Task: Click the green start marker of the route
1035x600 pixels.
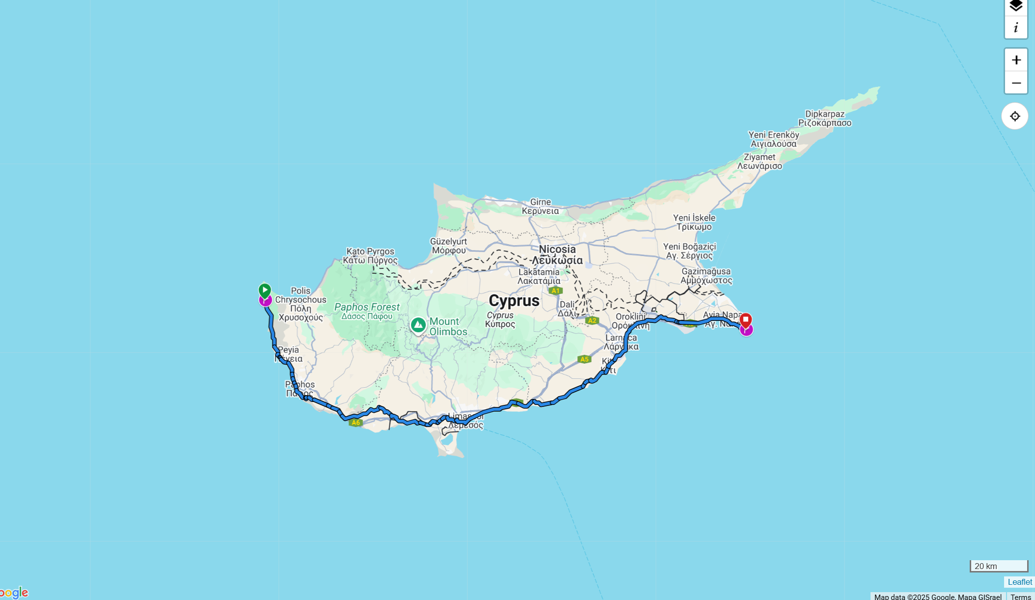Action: pyautogui.click(x=265, y=290)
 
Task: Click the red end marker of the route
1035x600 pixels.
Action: pyautogui.click(x=745, y=320)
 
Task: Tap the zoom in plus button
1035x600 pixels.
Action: pyautogui.click(x=1016, y=60)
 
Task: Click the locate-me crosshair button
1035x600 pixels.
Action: pyautogui.click(x=1015, y=116)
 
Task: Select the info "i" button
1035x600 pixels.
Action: pyautogui.click(x=1016, y=28)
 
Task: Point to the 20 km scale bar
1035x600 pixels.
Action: pyautogui.click(x=999, y=566)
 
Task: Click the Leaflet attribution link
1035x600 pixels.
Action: pyautogui.click(x=1019, y=582)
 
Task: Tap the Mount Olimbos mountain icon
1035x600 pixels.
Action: pyautogui.click(x=418, y=325)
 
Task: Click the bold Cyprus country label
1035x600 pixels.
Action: pyautogui.click(x=514, y=301)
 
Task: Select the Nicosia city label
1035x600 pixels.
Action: pyautogui.click(x=557, y=250)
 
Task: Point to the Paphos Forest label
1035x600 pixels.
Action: pyautogui.click(x=367, y=307)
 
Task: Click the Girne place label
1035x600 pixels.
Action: pyautogui.click(x=540, y=202)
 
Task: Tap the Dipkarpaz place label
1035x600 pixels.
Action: pyautogui.click(x=825, y=114)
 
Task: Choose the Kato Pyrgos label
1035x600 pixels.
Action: pyautogui.click(x=370, y=252)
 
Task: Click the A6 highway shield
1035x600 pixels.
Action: pyautogui.click(x=355, y=423)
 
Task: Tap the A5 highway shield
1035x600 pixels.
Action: pyautogui.click(x=584, y=359)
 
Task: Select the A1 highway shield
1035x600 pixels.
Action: pyautogui.click(x=555, y=290)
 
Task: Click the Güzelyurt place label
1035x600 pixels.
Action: pyautogui.click(x=448, y=241)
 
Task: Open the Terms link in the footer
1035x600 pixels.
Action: pyautogui.click(x=1020, y=597)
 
